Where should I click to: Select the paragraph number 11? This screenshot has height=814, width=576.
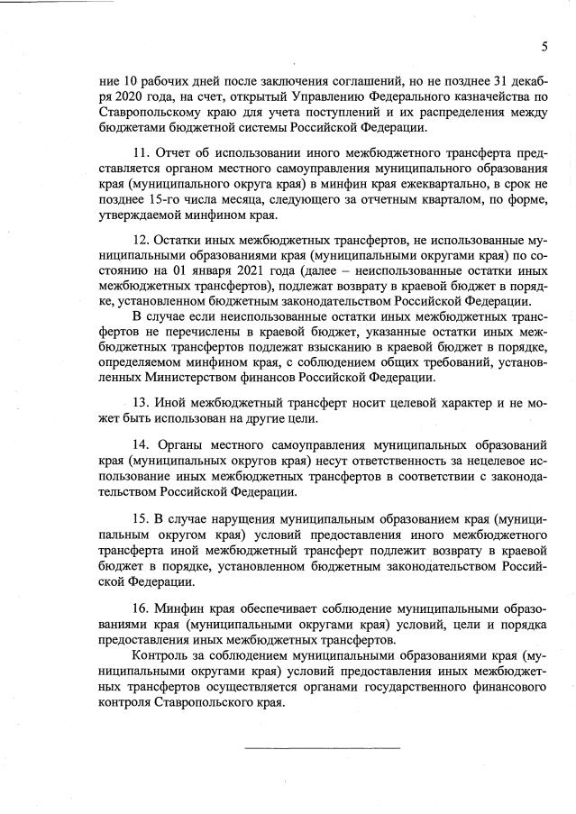click(141, 152)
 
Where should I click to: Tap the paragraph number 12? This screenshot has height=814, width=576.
click(141, 242)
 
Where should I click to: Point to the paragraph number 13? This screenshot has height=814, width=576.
click(141, 403)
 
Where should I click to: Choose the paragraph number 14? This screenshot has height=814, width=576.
click(141, 445)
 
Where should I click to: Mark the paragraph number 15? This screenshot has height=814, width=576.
click(141, 520)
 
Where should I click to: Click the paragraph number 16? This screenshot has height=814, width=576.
click(141, 609)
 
